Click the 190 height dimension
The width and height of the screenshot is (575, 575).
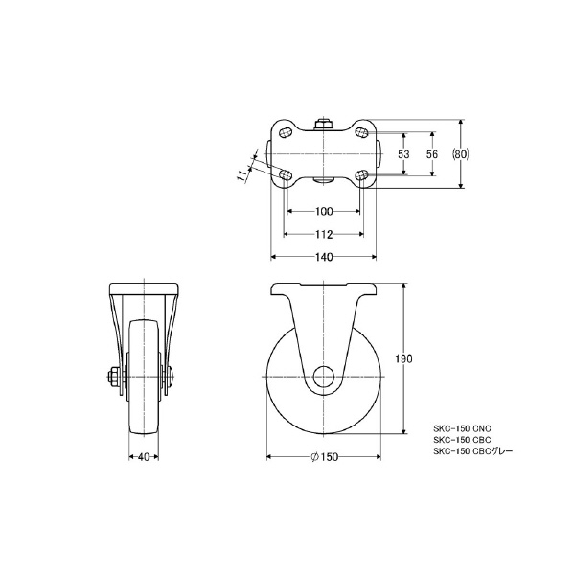[403, 358]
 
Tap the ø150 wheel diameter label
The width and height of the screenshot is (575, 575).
[325, 457]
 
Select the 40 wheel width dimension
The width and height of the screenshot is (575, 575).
[144, 457]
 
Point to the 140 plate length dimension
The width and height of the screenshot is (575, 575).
[324, 257]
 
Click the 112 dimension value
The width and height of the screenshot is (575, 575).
[324, 234]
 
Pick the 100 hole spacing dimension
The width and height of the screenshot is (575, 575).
[324, 211]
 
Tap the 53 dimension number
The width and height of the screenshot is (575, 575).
[403, 154]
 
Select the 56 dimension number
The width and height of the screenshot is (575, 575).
[432, 154]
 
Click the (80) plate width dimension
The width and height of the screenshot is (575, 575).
[461, 154]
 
